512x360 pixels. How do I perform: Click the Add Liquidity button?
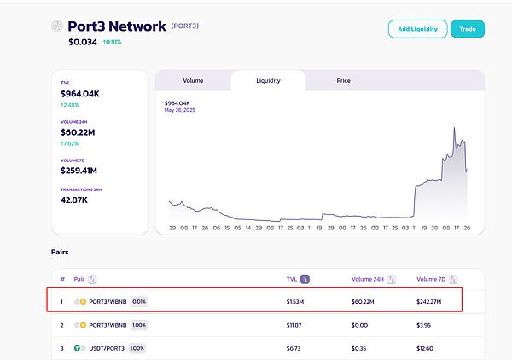coord(417,29)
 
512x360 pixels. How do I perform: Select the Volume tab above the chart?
coord(193,81)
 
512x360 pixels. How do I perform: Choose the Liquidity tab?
coord(268,81)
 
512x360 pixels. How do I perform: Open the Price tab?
coord(343,81)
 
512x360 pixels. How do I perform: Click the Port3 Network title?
coord(117,26)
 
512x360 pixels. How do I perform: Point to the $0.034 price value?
coord(83,41)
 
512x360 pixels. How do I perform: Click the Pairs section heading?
coord(59,253)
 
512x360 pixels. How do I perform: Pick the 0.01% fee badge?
coord(139,301)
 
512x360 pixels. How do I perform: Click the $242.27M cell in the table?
coord(432,301)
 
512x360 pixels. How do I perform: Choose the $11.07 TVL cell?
coord(295,325)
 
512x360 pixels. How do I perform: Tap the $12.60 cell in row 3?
coord(426,348)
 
